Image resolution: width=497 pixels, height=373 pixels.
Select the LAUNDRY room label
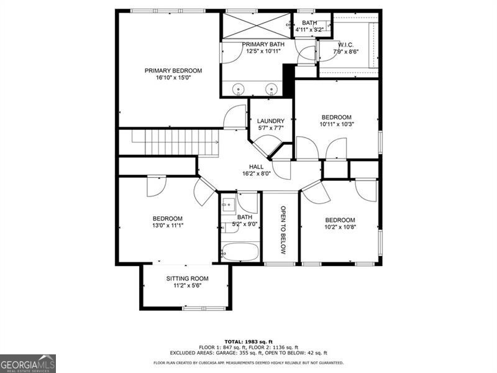point(271,121)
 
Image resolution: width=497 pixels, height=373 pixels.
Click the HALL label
point(257,167)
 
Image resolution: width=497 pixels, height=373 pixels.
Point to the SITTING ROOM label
point(187,279)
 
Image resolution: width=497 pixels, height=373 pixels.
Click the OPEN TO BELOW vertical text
point(282,230)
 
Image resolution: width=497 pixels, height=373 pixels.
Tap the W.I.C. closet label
point(347,45)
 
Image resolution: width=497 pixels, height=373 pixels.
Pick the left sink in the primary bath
point(239,90)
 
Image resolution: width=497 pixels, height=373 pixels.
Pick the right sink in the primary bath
point(271,90)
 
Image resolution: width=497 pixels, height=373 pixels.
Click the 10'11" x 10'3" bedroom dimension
point(336,124)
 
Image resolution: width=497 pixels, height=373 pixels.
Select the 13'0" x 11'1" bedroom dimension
point(168,226)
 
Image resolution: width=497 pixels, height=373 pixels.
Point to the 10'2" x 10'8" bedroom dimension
point(340,228)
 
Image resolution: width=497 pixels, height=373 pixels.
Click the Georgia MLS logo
point(28,363)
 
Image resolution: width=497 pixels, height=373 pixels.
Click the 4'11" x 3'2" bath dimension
point(309,29)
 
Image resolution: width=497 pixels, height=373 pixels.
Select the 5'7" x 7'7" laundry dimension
point(271,129)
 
